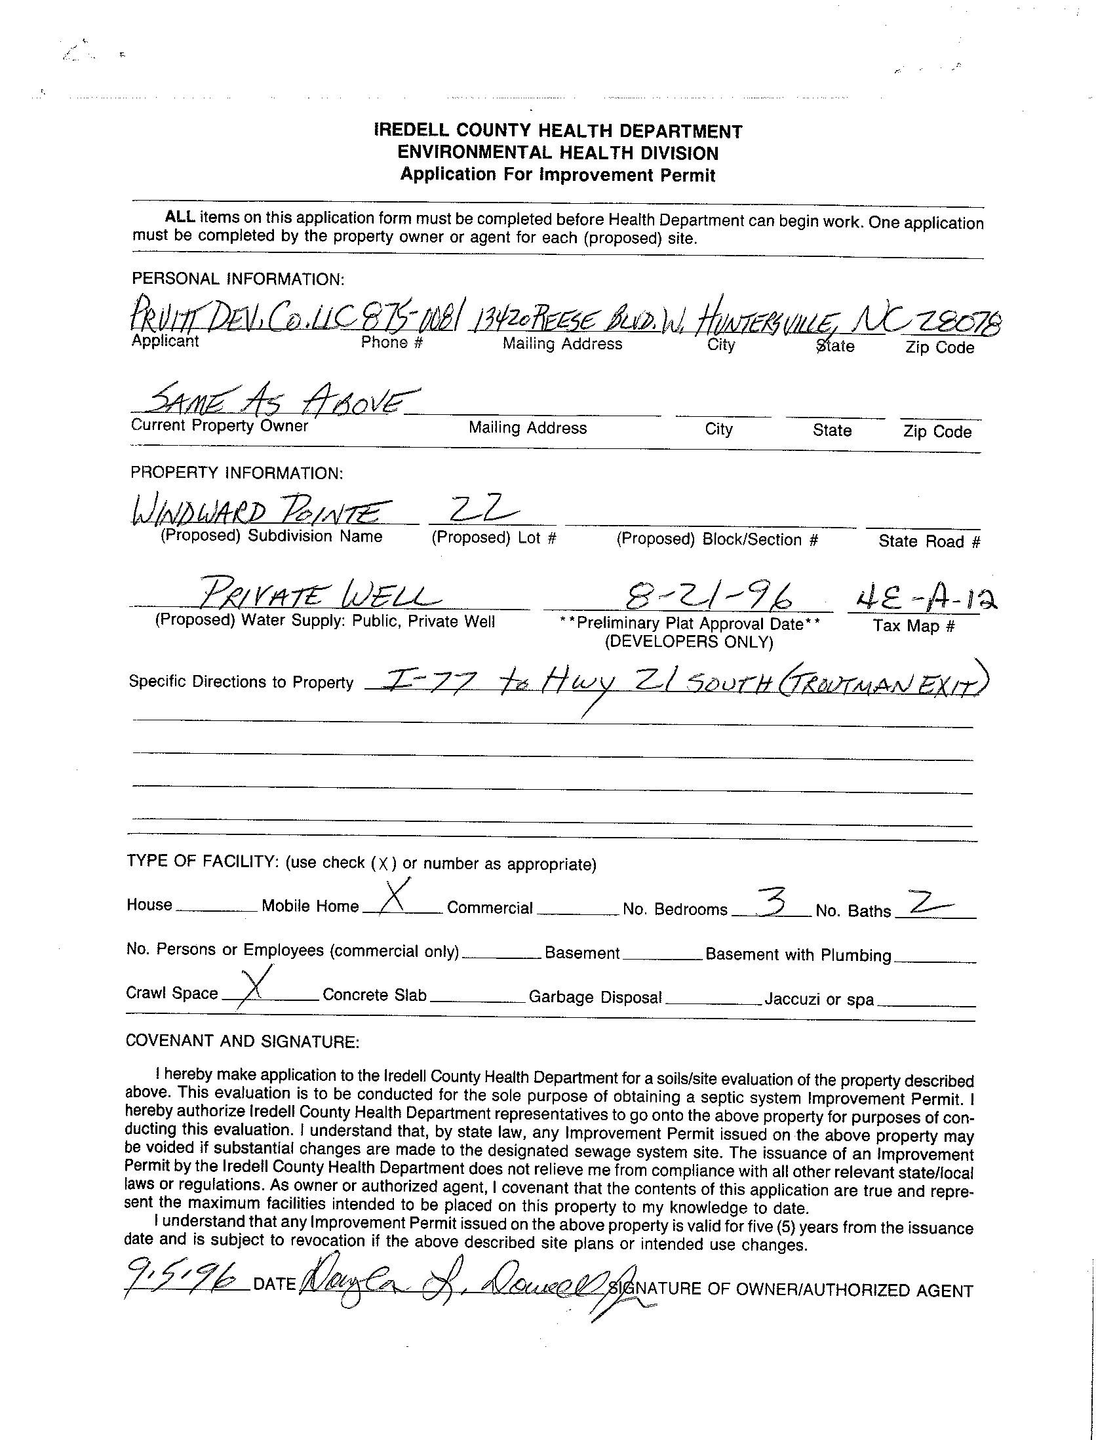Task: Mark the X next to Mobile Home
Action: (x=395, y=897)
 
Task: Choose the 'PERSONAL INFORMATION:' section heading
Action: (x=237, y=279)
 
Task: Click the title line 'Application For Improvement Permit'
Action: (x=558, y=175)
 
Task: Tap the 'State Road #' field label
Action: (x=929, y=541)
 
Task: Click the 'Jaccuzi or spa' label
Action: (x=819, y=1000)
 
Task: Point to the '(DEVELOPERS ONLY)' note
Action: (x=688, y=642)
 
